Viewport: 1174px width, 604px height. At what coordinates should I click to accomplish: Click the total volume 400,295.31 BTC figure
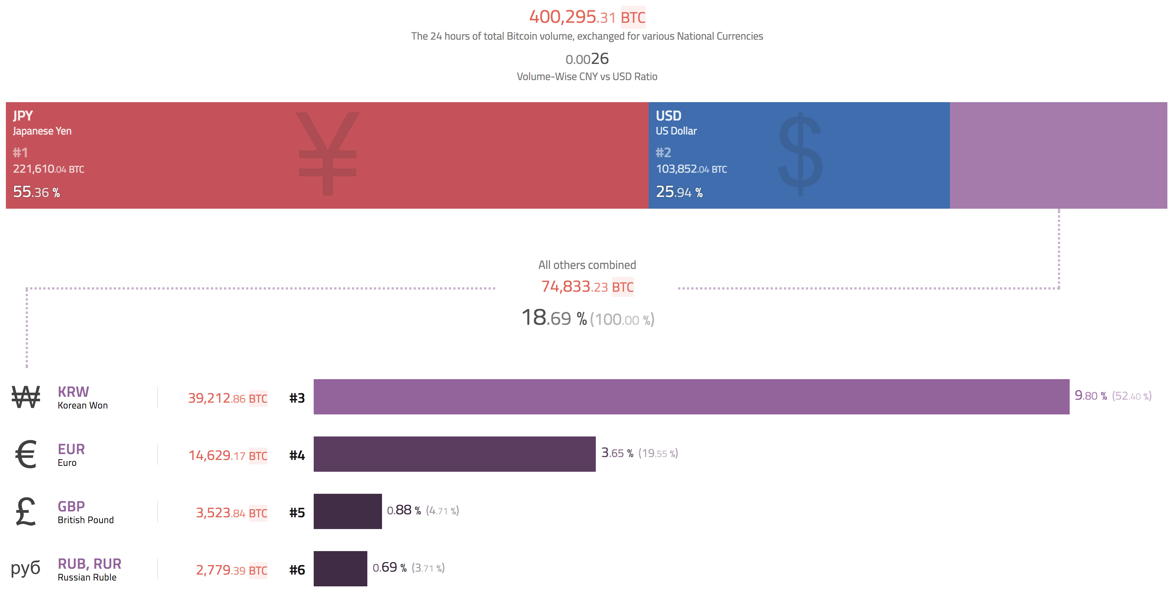click(x=587, y=17)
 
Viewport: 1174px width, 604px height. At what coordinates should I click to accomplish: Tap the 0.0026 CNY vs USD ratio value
click(x=587, y=59)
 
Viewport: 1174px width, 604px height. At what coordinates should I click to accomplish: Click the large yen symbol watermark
click(x=327, y=154)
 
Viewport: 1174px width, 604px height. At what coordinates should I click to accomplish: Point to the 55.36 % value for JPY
click(x=36, y=192)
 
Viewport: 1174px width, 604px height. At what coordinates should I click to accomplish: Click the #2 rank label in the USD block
click(x=663, y=152)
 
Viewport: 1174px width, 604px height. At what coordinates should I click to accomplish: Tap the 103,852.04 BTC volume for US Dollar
click(x=691, y=169)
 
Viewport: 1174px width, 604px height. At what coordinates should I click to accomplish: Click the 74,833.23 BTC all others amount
click(x=587, y=287)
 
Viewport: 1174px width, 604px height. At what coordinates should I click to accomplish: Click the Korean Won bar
click(x=691, y=396)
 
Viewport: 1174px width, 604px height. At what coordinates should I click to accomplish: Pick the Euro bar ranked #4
click(x=454, y=454)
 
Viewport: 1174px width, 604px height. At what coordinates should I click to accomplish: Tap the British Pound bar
click(x=347, y=511)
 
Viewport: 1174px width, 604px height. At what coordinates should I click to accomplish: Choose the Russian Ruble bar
click(x=340, y=568)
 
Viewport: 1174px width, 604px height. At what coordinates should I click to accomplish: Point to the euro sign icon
click(x=26, y=454)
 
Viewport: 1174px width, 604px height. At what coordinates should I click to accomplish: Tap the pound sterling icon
click(x=26, y=511)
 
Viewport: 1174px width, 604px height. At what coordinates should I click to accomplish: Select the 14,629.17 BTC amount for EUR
click(x=227, y=456)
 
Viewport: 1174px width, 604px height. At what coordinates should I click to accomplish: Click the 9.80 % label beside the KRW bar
click(x=1090, y=395)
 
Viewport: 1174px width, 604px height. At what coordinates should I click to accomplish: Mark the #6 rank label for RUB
click(x=297, y=570)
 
